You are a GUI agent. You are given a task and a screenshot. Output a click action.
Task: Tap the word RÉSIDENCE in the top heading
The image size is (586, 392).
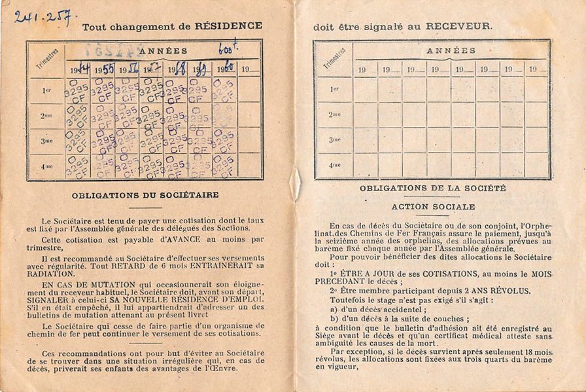point(228,26)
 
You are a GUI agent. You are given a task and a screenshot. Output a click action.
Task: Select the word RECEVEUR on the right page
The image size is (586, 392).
point(459,26)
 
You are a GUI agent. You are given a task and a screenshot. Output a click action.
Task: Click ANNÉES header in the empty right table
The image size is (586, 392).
point(451,50)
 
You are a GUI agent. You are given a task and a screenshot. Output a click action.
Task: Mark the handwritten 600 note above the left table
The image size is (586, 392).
point(228,48)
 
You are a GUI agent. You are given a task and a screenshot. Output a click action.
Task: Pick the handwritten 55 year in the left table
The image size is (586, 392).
point(107,67)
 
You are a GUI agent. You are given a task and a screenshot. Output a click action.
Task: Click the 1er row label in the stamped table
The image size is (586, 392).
point(46,90)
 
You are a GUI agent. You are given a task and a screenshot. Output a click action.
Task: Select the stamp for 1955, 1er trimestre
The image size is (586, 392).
point(102,90)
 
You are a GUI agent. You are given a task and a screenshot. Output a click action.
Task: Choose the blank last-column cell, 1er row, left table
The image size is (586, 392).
point(249,90)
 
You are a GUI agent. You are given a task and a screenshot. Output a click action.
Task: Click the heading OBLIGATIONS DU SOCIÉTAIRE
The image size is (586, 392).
point(145,194)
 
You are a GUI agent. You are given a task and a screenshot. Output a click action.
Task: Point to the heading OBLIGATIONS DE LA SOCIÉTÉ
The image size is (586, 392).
point(432,188)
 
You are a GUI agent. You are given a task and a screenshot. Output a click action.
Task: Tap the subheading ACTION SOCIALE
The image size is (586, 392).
point(432,206)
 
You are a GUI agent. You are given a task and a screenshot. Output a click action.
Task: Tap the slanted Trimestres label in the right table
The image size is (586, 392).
point(334,58)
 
